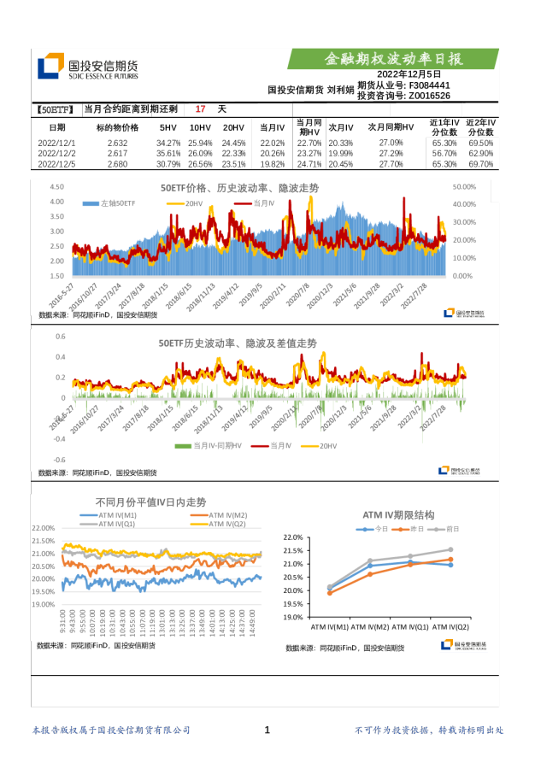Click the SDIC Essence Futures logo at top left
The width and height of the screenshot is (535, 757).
click(x=85, y=67)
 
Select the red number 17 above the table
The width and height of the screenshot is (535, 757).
click(x=200, y=109)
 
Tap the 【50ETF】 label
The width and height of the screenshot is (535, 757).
click(x=56, y=109)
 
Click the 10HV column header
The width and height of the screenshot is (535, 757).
click(x=200, y=127)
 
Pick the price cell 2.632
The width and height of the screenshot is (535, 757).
click(x=118, y=143)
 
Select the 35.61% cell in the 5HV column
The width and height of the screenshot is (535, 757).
click(x=168, y=153)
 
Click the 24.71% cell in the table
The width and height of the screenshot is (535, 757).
click(x=309, y=164)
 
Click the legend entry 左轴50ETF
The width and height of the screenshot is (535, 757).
click(x=112, y=204)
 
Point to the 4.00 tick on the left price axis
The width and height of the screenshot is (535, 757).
click(x=57, y=202)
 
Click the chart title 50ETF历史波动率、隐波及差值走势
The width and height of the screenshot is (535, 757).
click(x=237, y=343)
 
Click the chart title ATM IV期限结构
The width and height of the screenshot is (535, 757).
click(x=398, y=515)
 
